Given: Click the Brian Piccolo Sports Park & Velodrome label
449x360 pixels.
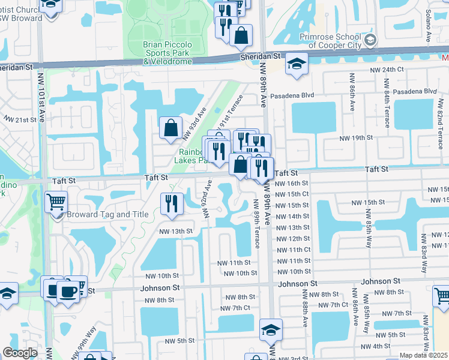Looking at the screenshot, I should coord(167,53).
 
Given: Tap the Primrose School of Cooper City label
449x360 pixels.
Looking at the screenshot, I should coord(331,41).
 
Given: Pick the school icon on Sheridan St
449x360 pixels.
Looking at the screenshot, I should coord(296,63).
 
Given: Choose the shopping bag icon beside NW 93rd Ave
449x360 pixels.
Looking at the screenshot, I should coord(171,127).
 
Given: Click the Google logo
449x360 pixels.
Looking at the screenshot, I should coord(20,353).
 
